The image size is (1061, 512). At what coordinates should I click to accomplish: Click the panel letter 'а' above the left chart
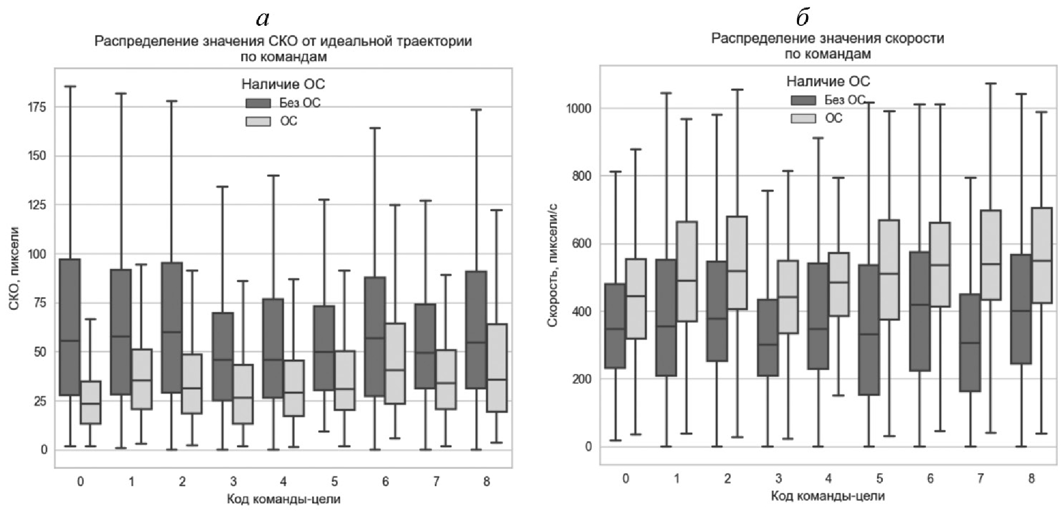tap(263, 19)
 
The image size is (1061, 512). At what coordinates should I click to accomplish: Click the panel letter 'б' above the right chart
tap(803, 18)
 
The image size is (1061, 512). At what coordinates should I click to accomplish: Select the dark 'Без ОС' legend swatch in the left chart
tap(258, 103)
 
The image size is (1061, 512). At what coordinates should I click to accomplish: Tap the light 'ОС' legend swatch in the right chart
tap(803, 118)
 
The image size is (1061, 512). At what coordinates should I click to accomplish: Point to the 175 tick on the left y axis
tap(37, 107)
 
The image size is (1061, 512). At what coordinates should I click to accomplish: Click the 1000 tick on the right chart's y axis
tap(579, 109)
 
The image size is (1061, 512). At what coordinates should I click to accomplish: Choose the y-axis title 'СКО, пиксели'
tap(14, 269)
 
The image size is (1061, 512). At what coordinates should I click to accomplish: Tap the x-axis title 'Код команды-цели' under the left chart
tap(284, 499)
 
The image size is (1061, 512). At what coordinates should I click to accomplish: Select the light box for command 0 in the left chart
tap(91, 402)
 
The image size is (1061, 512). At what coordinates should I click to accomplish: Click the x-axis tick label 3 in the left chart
tap(233, 481)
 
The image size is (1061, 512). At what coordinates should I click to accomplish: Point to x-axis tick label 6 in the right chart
tap(930, 478)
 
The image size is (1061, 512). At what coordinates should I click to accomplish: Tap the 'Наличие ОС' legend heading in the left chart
tap(283, 84)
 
